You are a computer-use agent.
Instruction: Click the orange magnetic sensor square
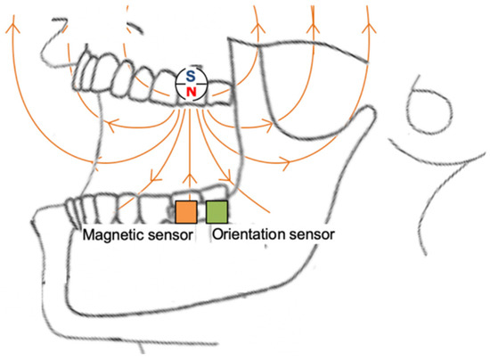[x=185, y=212]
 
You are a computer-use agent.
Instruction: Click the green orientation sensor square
[x=216, y=212]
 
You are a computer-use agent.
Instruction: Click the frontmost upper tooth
[x=86, y=68]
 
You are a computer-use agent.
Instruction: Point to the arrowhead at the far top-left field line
[x=13, y=29]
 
